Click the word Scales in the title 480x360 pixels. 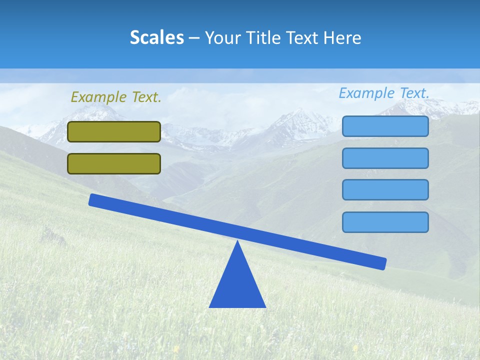point(156,38)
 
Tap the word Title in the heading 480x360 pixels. point(260,38)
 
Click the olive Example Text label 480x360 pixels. point(116,97)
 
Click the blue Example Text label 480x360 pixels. point(384,93)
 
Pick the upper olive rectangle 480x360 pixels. point(114,131)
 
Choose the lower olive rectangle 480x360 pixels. point(114,163)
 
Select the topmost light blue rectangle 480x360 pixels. point(385,126)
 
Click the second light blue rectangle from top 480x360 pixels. point(385,158)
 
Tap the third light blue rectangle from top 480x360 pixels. point(385,189)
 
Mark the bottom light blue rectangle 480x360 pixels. point(385,222)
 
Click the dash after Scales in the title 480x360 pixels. point(194,38)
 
